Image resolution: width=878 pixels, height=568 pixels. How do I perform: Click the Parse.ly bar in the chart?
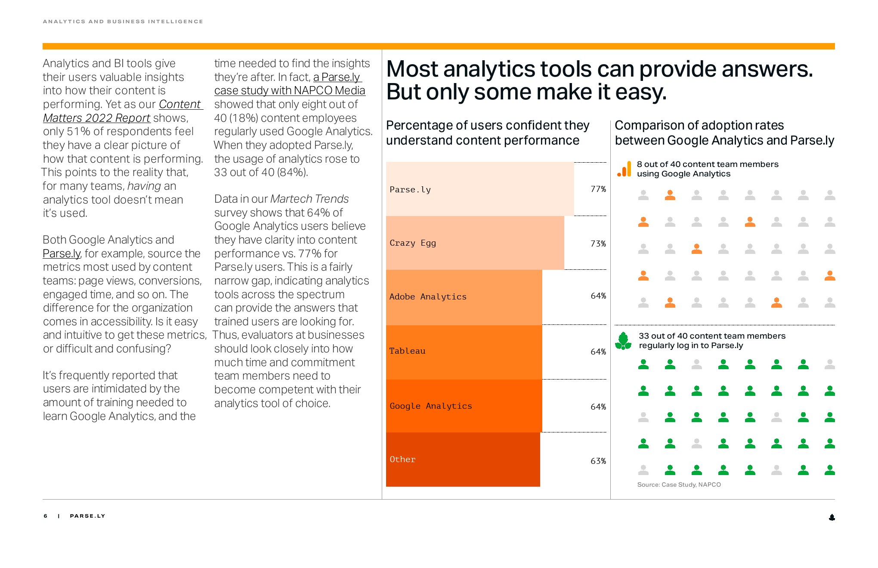coord(480,189)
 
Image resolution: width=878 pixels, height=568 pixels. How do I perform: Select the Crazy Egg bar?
coord(475,243)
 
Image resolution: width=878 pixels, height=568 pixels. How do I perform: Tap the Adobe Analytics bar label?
coord(428,296)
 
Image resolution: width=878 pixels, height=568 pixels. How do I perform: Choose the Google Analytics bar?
coord(464,406)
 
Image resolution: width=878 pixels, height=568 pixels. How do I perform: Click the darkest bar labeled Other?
coord(463,460)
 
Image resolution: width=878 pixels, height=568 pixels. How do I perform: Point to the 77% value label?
coord(598,189)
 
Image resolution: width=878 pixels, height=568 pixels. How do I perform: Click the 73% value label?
coord(598,244)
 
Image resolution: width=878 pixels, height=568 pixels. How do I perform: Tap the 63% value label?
coord(598,461)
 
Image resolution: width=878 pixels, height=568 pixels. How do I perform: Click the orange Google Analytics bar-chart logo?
coord(624,169)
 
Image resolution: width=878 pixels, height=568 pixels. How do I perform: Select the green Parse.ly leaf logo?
coord(623,341)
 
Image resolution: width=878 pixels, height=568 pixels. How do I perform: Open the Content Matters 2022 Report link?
coord(123,111)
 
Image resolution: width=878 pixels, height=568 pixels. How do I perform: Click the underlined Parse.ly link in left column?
coord(62,253)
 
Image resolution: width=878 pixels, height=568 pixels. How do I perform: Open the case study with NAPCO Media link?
coord(289,84)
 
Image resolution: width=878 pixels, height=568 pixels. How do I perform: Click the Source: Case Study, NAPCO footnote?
coord(679,485)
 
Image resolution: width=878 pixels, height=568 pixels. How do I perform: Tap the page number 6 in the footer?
coord(46,516)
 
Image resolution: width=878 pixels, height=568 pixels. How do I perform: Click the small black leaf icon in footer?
coord(832,517)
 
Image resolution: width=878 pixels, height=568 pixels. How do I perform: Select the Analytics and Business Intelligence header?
coord(123,22)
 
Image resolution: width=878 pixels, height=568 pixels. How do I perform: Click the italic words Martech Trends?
coord(309,199)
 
